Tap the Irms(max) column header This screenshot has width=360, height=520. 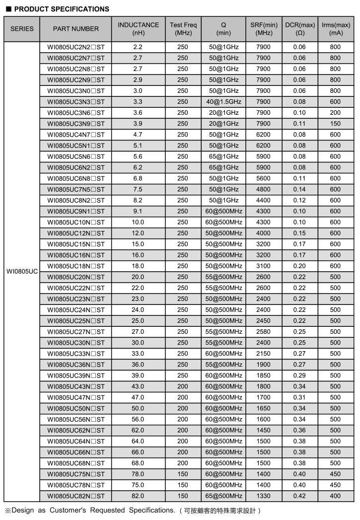click(336, 29)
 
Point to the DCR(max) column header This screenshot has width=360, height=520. click(300, 29)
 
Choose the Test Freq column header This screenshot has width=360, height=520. click(183, 29)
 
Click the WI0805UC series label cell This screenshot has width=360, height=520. click(22, 272)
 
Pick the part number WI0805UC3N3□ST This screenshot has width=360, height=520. click(76, 102)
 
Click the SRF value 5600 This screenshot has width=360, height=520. click(264, 178)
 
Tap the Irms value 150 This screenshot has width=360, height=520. click(336, 124)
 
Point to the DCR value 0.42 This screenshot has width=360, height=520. click(300, 496)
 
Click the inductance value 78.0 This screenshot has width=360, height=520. click(138, 474)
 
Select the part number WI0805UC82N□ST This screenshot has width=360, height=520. click(76, 496)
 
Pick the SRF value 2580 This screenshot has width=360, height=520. click(264, 332)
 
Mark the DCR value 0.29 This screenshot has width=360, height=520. click(300, 375)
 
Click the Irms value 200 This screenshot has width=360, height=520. click(336, 113)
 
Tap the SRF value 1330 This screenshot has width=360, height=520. click(264, 496)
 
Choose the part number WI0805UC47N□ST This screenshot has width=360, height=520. click(76, 397)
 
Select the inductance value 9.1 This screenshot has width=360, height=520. click(138, 211)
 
